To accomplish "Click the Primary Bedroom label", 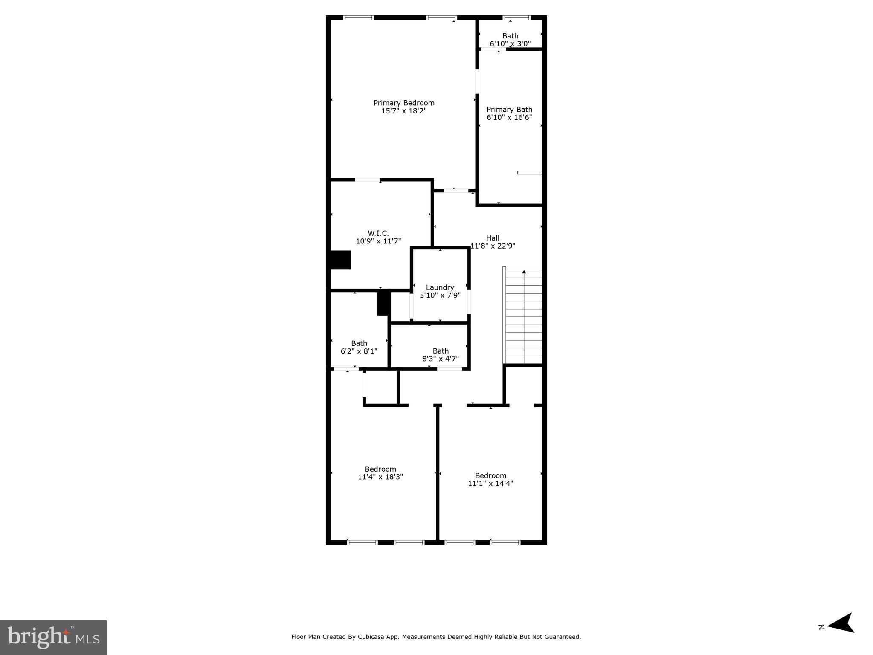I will pos(403,103).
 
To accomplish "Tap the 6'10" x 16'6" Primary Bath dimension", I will pos(509,117).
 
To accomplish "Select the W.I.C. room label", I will pos(378,233).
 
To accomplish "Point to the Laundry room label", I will pos(440,287).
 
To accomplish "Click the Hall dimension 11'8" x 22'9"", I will pos(493,246).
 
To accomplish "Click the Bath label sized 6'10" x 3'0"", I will pos(510,36).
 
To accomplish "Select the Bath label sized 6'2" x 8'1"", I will pos(359,343).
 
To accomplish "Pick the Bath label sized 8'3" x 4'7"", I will pos(440,351).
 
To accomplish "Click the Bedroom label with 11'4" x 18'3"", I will pos(380,469).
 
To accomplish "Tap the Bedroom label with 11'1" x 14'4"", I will pos(490,475).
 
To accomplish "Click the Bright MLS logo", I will pos(53,637).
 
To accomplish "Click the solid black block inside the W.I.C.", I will pos(341,260).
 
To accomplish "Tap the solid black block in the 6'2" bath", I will pos(383,302).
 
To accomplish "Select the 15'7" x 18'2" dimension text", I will pos(403,111).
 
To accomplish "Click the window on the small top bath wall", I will pos(516,18).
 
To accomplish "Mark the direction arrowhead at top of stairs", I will pos(524,272).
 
